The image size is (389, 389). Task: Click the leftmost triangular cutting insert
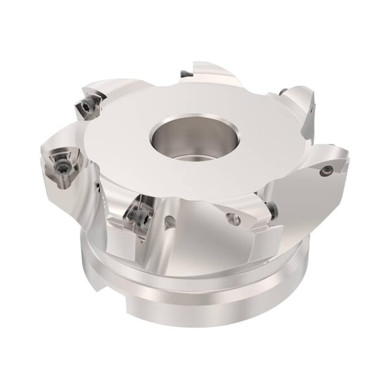[x=58, y=165]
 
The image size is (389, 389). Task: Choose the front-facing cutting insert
[x=139, y=213]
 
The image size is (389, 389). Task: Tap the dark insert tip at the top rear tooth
[x=186, y=74]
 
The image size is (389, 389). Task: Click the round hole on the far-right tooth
[x=328, y=171]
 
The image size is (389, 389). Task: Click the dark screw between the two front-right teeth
[x=272, y=209]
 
